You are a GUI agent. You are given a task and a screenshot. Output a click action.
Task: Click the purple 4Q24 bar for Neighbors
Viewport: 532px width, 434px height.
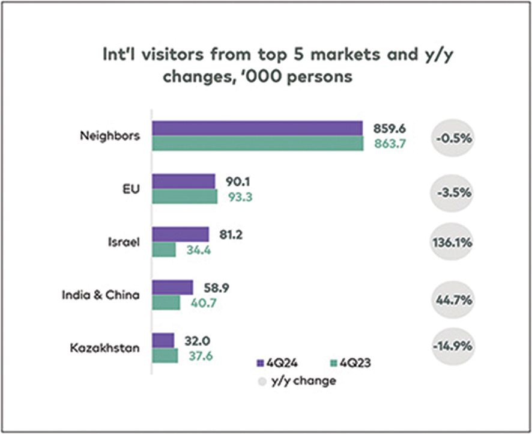click(x=257, y=128)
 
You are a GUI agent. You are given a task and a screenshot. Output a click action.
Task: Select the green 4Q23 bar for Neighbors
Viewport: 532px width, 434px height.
click(x=258, y=144)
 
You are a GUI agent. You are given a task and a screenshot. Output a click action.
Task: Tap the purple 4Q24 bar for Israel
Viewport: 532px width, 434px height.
click(x=180, y=234)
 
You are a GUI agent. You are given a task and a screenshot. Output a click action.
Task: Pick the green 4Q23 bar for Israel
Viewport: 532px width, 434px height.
click(x=164, y=249)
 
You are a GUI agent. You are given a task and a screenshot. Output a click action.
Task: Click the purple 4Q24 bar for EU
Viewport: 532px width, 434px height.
click(x=183, y=181)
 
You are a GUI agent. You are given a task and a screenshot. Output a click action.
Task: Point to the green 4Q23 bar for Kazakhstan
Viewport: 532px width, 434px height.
click(x=165, y=356)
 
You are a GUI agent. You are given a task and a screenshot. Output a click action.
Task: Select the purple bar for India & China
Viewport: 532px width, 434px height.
click(x=172, y=287)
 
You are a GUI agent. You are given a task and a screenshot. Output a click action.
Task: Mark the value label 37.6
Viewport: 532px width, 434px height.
click(x=199, y=356)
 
